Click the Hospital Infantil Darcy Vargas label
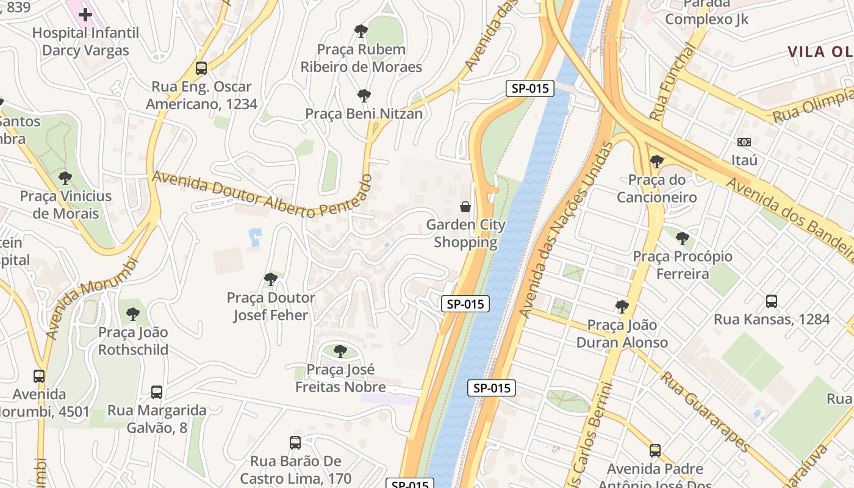[x=85, y=41]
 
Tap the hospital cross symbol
[x=85, y=14]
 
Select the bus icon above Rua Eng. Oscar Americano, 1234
[x=201, y=68]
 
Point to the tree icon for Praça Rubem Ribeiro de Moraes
[x=361, y=30]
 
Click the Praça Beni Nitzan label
[x=364, y=113]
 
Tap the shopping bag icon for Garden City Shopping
[x=465, y=207]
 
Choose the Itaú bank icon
[x=744, y=142]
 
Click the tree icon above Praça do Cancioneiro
[x=657, y=162]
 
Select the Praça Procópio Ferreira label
[x=683, y=265]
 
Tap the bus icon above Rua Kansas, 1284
[x=772, y=301]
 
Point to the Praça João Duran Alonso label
[x=622, y=334]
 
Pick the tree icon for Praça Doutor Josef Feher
[x=271, y=279]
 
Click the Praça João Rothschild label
[x=133, y=341]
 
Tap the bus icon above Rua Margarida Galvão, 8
[x=157, y=392]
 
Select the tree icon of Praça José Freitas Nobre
[x=340, y=351]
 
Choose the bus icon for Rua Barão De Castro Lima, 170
[x=295, y=443]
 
